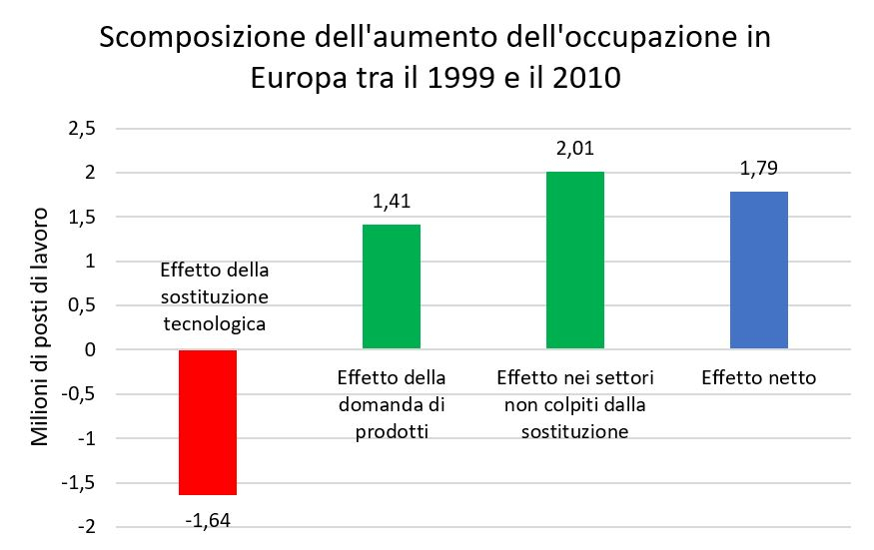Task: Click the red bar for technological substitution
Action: [208, 422]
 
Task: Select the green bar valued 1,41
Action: [392, 286]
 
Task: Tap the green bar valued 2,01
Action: [574, 261]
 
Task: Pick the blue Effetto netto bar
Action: [758, 270]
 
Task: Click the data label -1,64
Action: [208, 519]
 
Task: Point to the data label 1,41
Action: [392, 203]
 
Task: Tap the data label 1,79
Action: [758, 169]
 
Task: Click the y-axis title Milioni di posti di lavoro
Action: [42, 327]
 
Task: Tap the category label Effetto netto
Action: [758, 378]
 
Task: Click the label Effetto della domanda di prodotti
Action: [392, 404]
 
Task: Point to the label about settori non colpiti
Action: [574, 404]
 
